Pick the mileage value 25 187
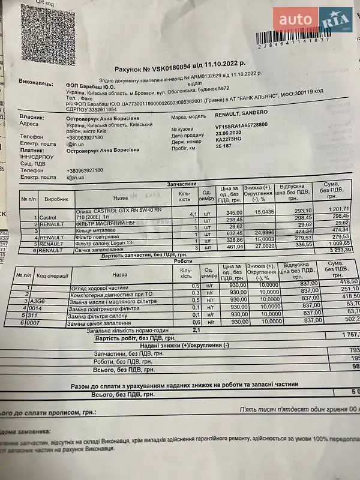[x=224, y=146]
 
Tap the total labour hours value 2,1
[x=196, y=330]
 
